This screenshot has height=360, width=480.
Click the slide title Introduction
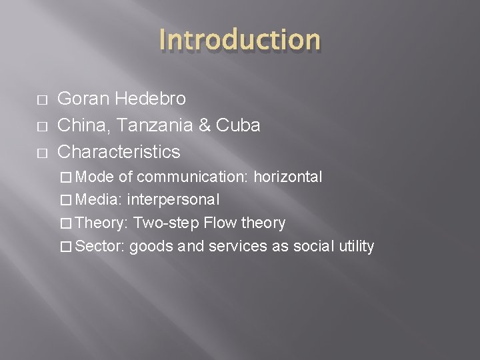239,39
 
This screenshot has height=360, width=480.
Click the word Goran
81,99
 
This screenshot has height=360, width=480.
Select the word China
79,125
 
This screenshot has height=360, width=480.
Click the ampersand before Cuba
203,125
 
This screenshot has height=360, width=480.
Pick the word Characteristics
119,152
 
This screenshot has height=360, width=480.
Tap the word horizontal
287,177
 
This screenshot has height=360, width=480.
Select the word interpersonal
173,200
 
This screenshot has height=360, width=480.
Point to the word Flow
219,223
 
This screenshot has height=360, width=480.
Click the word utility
356,247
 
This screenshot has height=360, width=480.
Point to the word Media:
99,200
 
